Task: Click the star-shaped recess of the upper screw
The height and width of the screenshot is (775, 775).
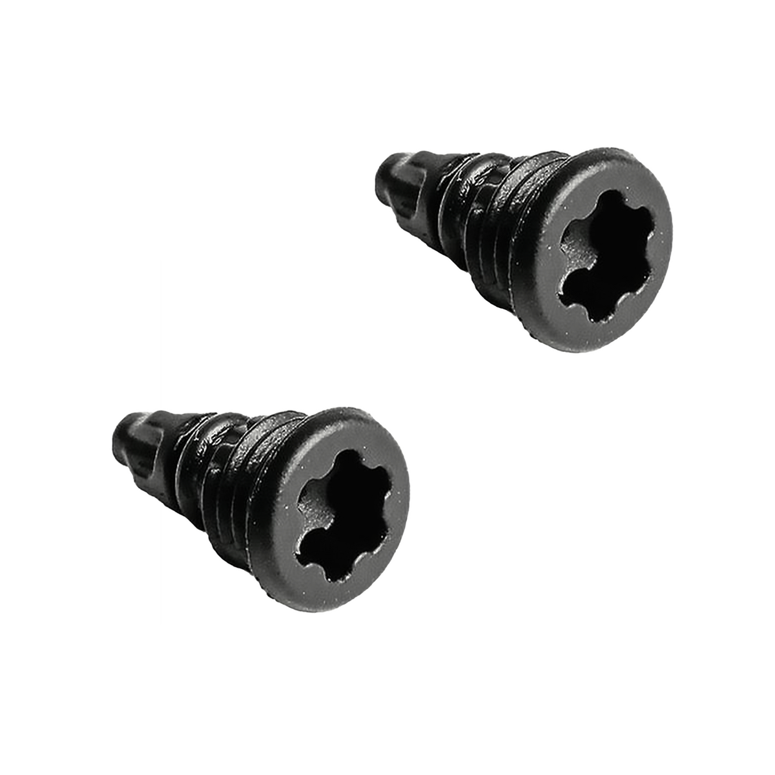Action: coord(604,265)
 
